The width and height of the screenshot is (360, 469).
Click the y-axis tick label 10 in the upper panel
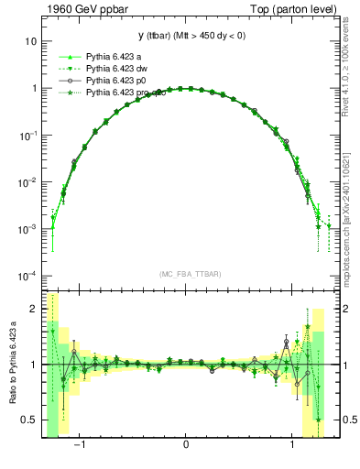tap(30, 42)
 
